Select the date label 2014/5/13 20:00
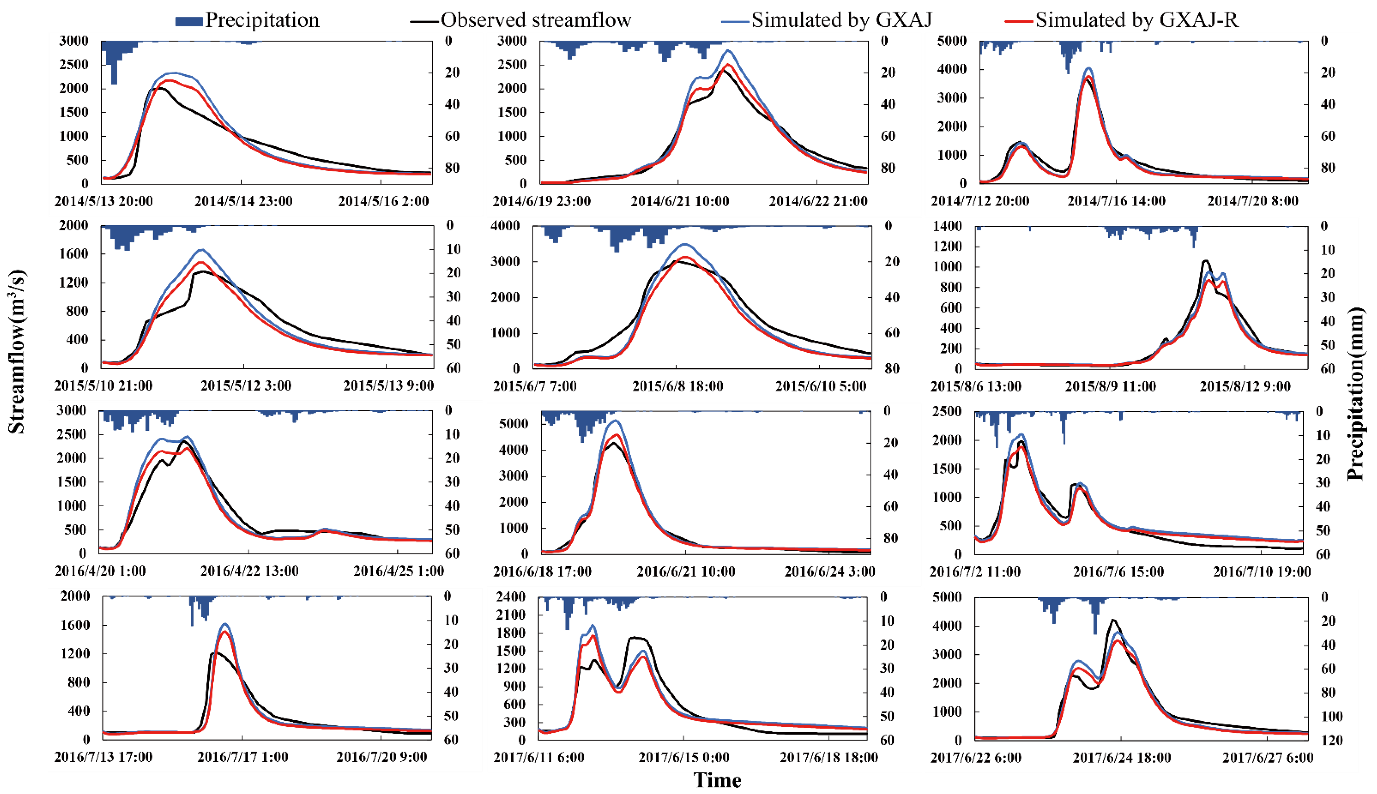[104, 201]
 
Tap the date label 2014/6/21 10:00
[680, 201]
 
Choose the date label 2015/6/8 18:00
[677, 386]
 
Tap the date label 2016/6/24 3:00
[829, 571]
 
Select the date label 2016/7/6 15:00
[1118, 571]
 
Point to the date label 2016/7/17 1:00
[243, 757]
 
